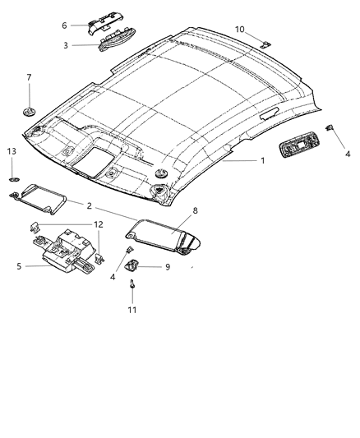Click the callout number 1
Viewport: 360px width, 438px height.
[262, 160]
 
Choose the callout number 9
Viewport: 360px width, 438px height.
[167, 266]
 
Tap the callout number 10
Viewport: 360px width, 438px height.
[240, 30]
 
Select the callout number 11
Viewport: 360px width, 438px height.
[132, 310]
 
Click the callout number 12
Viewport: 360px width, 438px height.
[98, 224]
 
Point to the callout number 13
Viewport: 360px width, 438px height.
[12, 151]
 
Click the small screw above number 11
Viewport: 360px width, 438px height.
[132, 285]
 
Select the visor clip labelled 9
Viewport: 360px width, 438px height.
[133, 265]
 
